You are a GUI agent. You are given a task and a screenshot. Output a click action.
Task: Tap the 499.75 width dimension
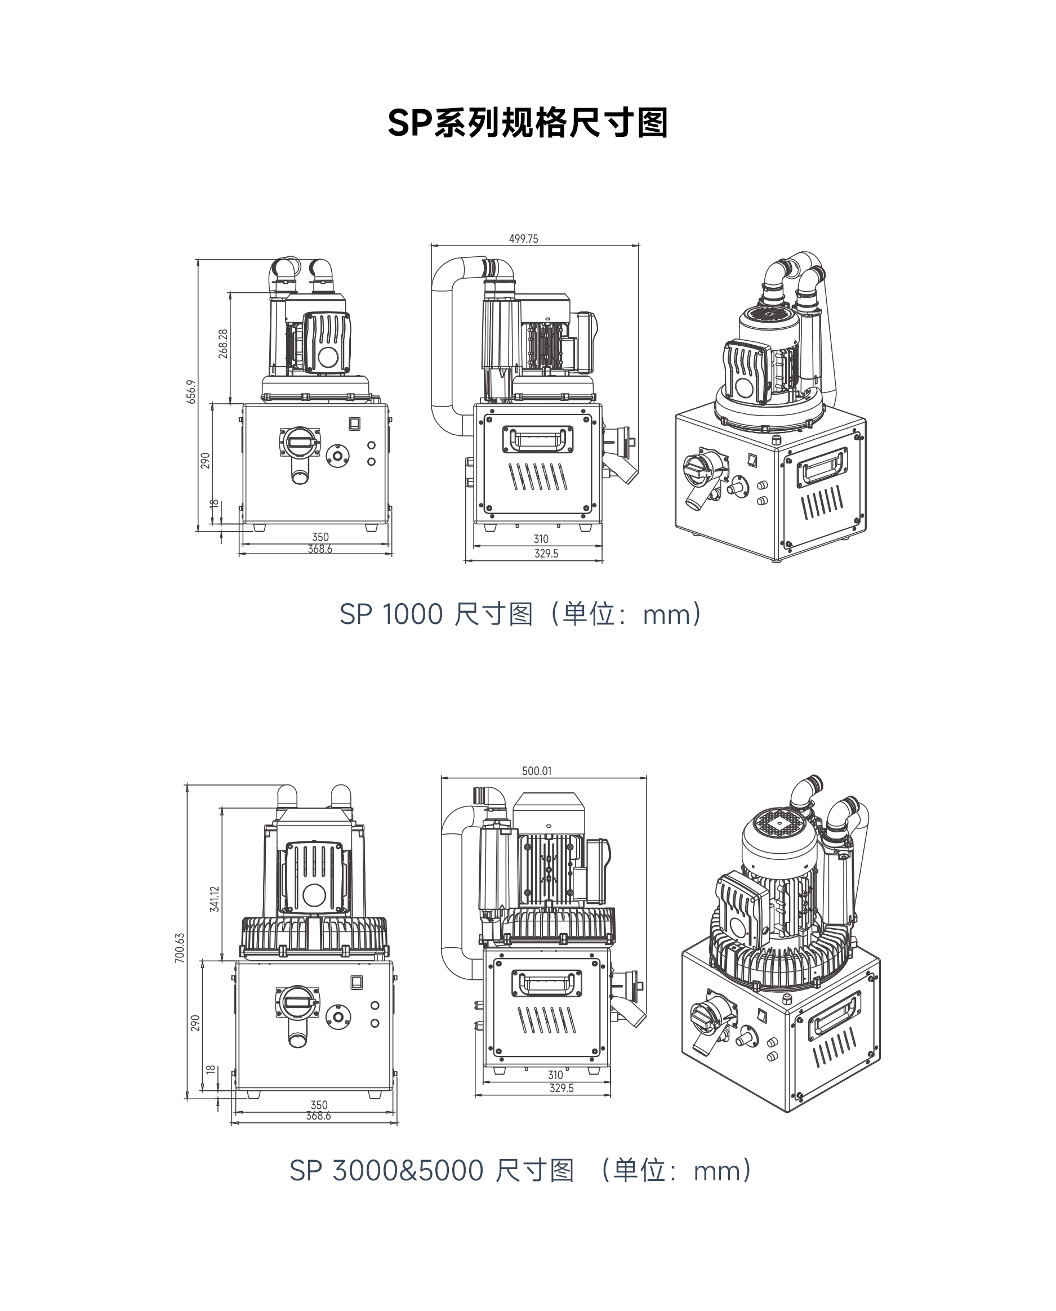523,239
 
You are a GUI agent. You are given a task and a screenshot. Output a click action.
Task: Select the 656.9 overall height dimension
191,391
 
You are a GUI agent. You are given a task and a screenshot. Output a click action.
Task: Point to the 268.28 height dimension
223,344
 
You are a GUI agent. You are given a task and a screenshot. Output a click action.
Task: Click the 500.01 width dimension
537,771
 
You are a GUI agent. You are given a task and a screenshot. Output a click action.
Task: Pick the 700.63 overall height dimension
180,947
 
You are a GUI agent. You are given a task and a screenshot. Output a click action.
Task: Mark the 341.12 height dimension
214,899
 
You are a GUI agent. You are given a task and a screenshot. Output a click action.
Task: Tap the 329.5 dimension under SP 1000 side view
546,554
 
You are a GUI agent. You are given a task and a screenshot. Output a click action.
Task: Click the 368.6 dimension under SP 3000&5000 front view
318,1116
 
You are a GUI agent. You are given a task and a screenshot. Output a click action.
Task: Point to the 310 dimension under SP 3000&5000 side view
555,1074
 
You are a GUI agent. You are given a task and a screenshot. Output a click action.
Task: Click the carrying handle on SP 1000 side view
537,439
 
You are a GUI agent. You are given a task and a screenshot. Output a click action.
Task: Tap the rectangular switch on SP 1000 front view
355,423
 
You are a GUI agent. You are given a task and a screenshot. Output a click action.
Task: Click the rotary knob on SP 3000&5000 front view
297,1003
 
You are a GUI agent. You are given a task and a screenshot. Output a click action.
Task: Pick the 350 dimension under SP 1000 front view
320,537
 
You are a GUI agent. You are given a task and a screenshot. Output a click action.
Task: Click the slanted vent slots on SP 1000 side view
538,477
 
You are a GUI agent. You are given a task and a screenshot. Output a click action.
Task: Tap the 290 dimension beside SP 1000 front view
205,460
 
